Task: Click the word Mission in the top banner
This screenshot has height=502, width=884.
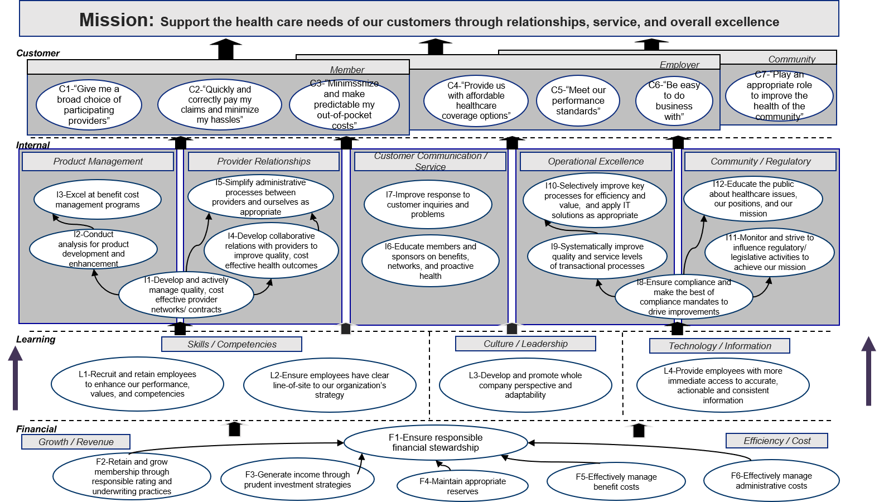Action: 116,20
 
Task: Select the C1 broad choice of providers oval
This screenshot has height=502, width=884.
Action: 89,105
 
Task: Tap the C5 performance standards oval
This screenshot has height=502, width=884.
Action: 578,101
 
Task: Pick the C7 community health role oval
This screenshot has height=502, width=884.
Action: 779,96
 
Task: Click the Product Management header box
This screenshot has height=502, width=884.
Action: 98,162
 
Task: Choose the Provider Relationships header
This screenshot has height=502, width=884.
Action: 264,162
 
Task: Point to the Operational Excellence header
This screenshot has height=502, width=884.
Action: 595,162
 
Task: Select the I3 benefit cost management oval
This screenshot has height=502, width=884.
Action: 98,200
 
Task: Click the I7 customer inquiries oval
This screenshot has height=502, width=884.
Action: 428,204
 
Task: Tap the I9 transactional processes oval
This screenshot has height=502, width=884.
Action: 597,257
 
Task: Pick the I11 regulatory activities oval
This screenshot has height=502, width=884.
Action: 769,253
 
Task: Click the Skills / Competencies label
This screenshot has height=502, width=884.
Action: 231,345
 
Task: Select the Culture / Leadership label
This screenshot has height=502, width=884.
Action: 525,344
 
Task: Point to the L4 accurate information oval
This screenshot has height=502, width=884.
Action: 723,385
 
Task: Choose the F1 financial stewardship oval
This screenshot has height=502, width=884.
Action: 436,442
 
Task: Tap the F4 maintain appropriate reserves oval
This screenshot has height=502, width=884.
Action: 462,486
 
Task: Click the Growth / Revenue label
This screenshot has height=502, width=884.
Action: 76,442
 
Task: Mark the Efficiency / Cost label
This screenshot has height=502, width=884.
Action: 777,441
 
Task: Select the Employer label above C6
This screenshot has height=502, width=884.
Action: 679,65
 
